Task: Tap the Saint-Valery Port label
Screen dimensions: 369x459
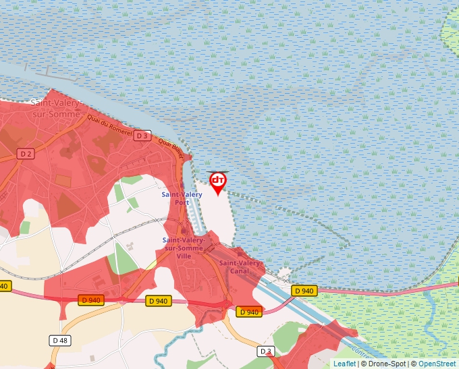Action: [182, 198]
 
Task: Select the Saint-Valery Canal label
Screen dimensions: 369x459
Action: [240, 267]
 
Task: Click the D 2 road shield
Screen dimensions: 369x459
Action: [26, 154]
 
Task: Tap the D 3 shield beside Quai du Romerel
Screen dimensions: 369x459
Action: [141, 136]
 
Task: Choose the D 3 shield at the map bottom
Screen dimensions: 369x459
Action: [267, 351]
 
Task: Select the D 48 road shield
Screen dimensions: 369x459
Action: [59, 341]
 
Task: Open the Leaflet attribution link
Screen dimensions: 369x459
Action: [344, 364]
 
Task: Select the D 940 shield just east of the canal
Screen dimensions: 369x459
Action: [304, 291]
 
